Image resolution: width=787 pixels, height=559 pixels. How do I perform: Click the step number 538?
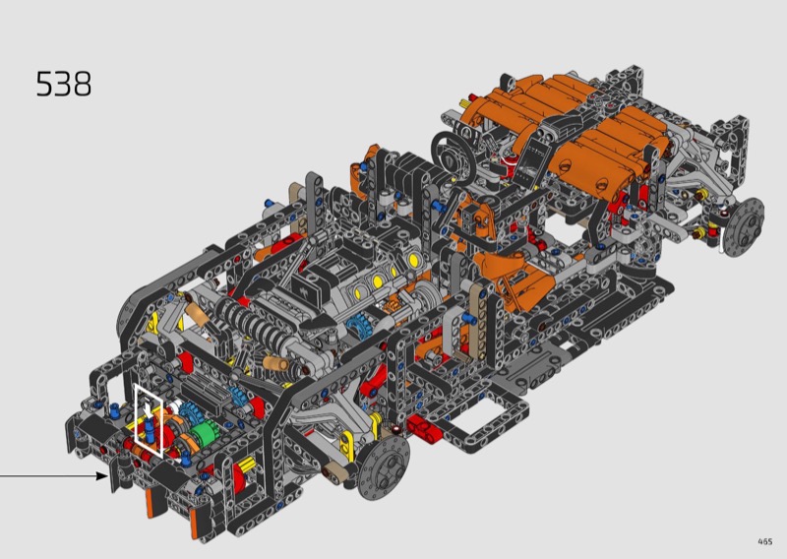click(x=64, y=84)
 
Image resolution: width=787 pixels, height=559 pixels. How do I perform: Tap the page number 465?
click(x=765, y=541)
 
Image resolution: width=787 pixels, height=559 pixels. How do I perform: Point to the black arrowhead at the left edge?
click(x=103, y=475)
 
